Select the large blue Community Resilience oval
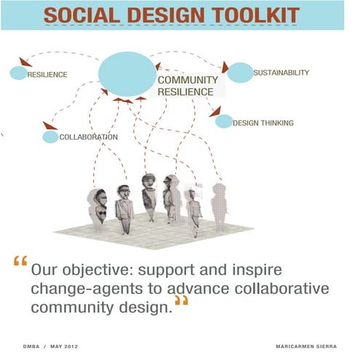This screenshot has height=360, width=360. pos(127,73)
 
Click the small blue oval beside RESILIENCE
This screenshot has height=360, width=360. pos(18,73)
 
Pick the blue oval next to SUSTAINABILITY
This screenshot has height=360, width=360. pos(239,73)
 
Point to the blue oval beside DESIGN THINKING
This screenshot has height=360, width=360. pos(224,121)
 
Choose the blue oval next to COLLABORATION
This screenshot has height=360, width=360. pos(50,137)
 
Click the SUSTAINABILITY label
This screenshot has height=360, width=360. pos(281,73)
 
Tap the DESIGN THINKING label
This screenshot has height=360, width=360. pos(263,123)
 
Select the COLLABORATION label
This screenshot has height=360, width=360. pos(88,137)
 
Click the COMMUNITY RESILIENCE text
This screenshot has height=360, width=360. pos(187,86)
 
